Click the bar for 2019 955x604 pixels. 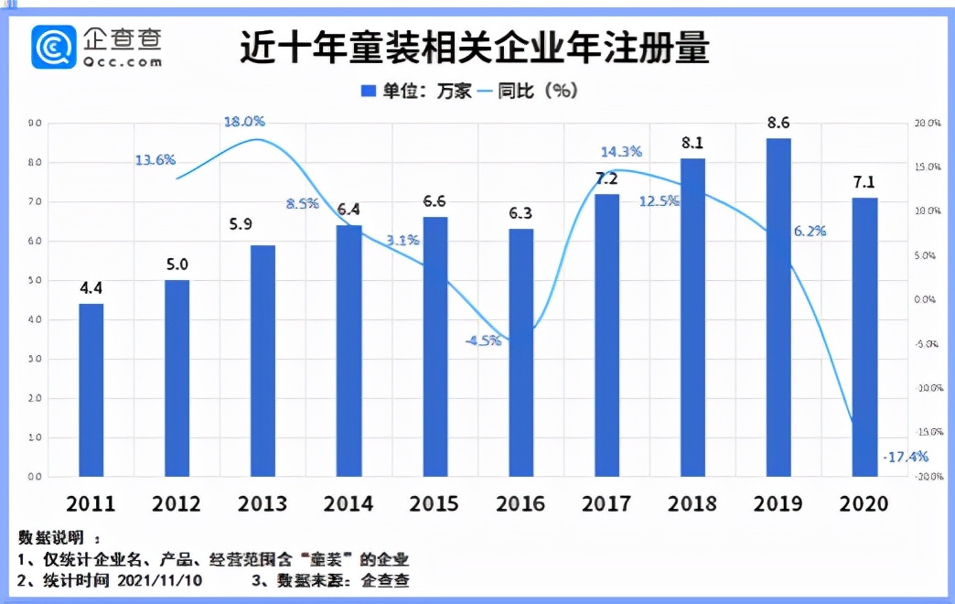pyautogui.click(x=778, y=307)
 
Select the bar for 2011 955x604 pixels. pyautogui.click(x=91, y=390)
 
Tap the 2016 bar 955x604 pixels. pyautogui.click(x=520, y=352)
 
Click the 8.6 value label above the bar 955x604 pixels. pyautogui.click(x=778, y=123)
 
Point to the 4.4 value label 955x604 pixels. pyautogui.click(x=91, y=288)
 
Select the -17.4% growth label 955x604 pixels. pyautogui.click(x=906, y=456)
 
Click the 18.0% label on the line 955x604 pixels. pyautogui.click(x=245, y=121)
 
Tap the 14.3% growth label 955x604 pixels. pyautogui.click(x=621, y=152)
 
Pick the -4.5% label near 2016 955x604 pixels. pyautogui.click(x=482, y=340)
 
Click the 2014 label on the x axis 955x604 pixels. pyautogui.click(x=348, y=504)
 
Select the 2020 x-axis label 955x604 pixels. pyautogui.click(x=864, y=504)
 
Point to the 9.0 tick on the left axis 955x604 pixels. pyautogui.click(x=35, y=123)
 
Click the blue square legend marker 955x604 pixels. pyautogui.click(x=369, y=91)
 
